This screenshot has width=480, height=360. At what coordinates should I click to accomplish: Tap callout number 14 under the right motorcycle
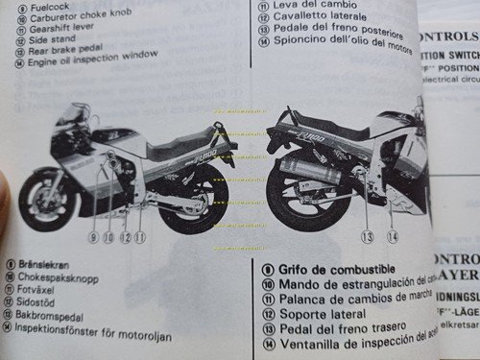pos(392,235)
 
